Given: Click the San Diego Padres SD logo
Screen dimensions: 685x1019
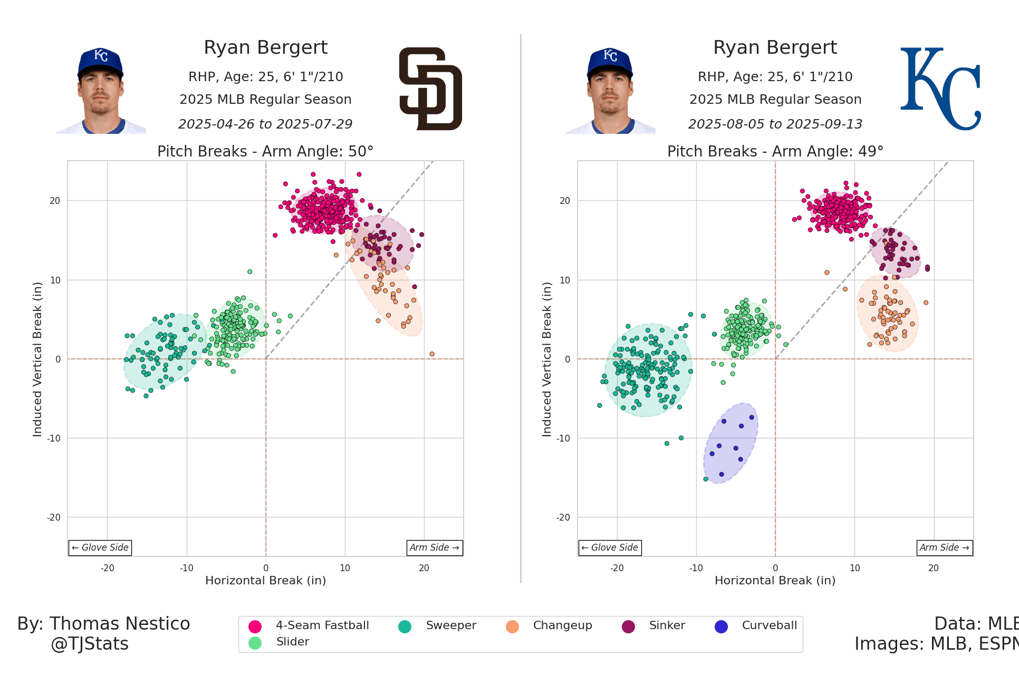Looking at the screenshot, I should point(430,89).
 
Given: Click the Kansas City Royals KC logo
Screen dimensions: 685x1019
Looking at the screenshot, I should point(940,89).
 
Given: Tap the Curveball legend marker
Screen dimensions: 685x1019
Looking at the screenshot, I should point(721,627).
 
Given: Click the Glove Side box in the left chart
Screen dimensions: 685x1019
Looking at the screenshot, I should point(100,547).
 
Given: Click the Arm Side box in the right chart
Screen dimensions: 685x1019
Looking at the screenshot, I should point(944,547).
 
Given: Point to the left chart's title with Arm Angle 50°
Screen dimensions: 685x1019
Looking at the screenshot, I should point(265,152).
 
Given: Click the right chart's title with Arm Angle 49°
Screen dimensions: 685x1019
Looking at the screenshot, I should point(775,152).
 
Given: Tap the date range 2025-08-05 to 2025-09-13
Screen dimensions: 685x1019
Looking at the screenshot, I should point(775,124).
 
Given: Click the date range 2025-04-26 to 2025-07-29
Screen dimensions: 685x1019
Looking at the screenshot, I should point(265,124).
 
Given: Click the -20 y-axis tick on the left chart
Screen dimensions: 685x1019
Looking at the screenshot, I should point(54,517).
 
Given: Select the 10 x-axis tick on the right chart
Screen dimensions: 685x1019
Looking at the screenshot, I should point(854,568).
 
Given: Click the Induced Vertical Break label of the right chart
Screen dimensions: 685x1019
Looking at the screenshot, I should point(547,359).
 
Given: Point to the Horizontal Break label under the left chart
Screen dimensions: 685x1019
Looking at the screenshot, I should point(265,581).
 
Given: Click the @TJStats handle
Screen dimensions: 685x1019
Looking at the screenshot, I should point(90,644).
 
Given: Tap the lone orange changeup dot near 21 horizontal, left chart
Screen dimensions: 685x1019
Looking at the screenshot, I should point(432,354).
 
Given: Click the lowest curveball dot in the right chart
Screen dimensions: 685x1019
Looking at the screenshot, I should point(722,474).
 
